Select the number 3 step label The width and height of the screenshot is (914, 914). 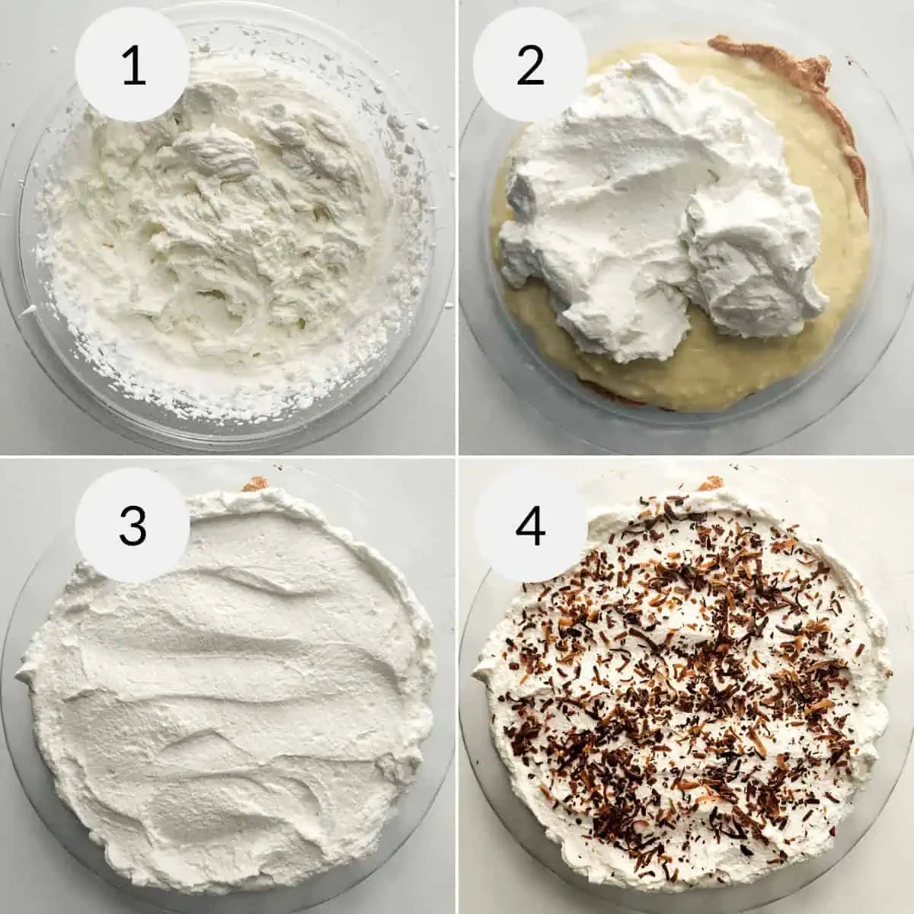[133, 526]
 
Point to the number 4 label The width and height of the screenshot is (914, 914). [530, 526]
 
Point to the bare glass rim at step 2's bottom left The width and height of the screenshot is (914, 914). [487, 366]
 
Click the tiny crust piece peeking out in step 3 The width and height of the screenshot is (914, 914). [249, 484]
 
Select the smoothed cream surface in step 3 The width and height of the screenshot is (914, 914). [228, 685]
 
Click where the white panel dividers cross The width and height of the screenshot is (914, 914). [457, 457]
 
